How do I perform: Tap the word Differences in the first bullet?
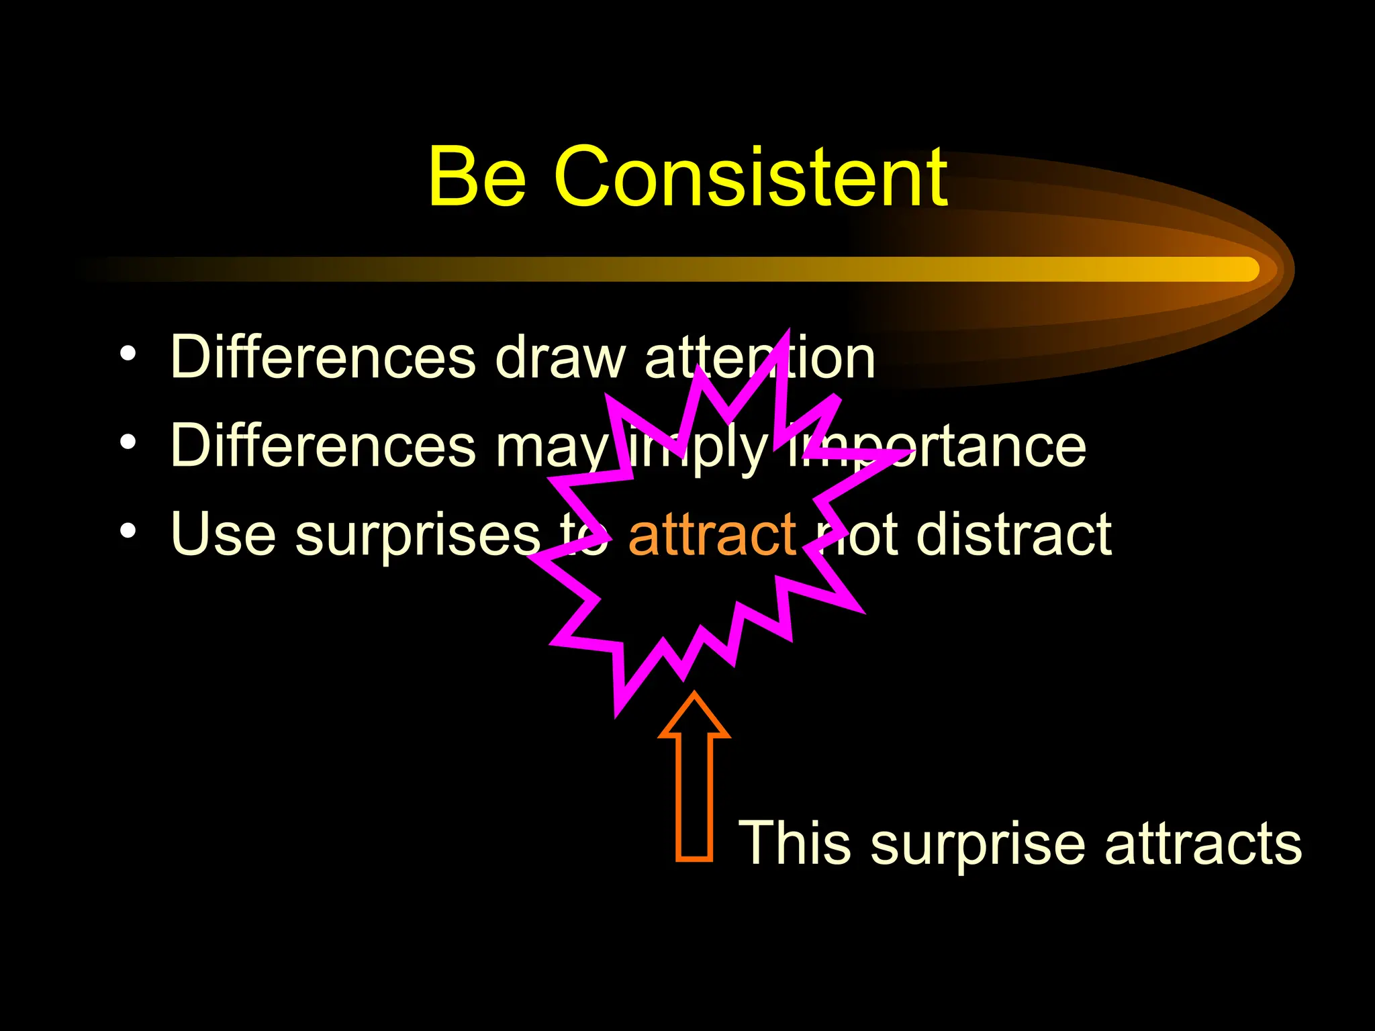tap(323, 357)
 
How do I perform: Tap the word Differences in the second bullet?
tap(323, 446)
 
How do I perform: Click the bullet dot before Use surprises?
tap(128, 532)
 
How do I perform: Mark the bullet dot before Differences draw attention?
tap(128, 354)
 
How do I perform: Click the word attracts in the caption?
tap(1202, 844)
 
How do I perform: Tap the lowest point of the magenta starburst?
tap(616, 716)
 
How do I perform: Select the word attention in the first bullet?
tap(759, 357)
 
